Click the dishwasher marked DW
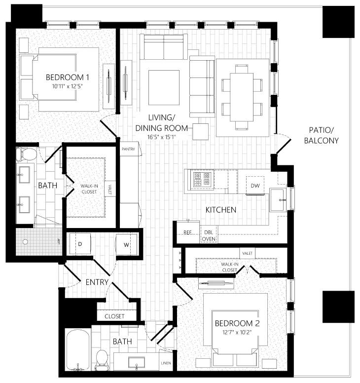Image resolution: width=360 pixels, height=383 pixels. click(x=255, y=186)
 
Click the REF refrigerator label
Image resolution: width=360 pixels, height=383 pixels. click(x=187, y=232)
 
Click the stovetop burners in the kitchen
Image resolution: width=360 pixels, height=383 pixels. click(x=202, y=180)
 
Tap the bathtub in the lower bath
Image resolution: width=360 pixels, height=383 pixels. click(x=78, y=350)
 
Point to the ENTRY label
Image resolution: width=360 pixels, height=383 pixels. click(x=97, y=282)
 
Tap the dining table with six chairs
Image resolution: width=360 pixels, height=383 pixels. click(x=243, y=97)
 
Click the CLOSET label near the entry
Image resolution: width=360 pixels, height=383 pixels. click(x=114, y=316)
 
